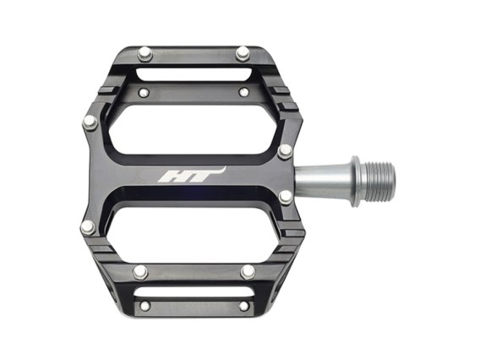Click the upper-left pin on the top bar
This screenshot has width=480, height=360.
pyautogui.click(x=145, y=54)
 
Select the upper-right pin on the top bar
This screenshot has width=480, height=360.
pyautogui.click(x=243, y=54)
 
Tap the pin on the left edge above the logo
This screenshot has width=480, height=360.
pyautogui.click(x=90, y=123)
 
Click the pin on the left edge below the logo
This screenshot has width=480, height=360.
pyautogui.click(x=88, y=228)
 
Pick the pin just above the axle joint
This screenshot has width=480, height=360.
pyautogui.click(x=285, y=151)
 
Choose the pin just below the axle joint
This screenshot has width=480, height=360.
pyautogui.click(x=286, y=197)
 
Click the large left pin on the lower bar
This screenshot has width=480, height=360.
pyautogui.click(x=140, y=272)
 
